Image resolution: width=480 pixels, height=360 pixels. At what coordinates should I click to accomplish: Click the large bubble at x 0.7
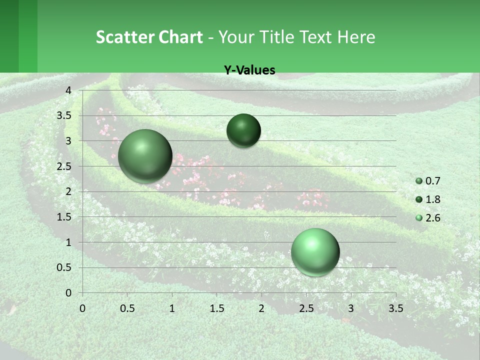(x=145, y=156)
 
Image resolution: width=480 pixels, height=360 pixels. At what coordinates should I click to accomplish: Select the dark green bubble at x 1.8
(x=243, y=130)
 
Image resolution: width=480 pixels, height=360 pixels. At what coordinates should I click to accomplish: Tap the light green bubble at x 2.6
(x=315, y=252)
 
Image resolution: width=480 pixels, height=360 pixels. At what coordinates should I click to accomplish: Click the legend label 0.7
(x=432, y=181)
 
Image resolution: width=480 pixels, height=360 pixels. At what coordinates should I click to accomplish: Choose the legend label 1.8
(x=432, y=199)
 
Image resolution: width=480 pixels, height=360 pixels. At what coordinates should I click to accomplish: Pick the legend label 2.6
(x=432, y=218)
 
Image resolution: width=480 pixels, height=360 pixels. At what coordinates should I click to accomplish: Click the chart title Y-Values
(x=249, y=70)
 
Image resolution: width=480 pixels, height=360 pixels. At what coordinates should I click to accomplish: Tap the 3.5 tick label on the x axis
(x=395, y=308)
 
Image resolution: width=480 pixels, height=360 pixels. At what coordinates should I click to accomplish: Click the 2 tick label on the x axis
(x=261, y=308)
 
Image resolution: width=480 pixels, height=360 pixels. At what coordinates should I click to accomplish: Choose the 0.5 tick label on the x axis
(x=127, y=308)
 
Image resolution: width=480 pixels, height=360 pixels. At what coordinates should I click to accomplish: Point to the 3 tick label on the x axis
(x=351, y=308)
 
